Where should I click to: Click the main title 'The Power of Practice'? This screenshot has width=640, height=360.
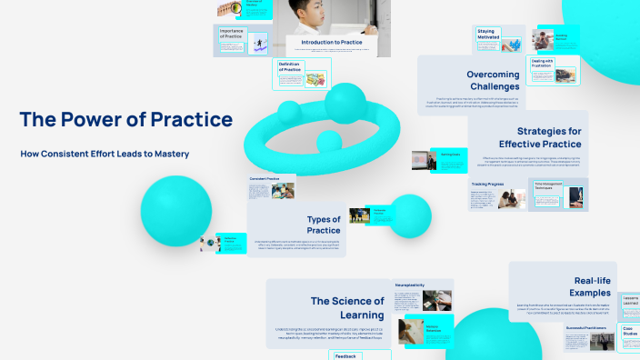click(125, 119)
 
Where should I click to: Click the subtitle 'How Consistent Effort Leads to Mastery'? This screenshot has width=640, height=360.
click(105, 154)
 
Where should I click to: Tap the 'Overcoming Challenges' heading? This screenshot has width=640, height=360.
click(493, 81)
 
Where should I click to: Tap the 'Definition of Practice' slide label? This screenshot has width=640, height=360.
click(290, 67)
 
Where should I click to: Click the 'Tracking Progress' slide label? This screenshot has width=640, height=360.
click(488, 184)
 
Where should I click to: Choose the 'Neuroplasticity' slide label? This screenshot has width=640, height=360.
click(411, 285)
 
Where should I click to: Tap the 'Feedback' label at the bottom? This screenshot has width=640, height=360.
click(345, 355)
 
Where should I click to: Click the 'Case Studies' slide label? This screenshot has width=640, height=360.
click(629, 332)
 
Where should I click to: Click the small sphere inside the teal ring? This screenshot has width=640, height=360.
click(327, 141)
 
